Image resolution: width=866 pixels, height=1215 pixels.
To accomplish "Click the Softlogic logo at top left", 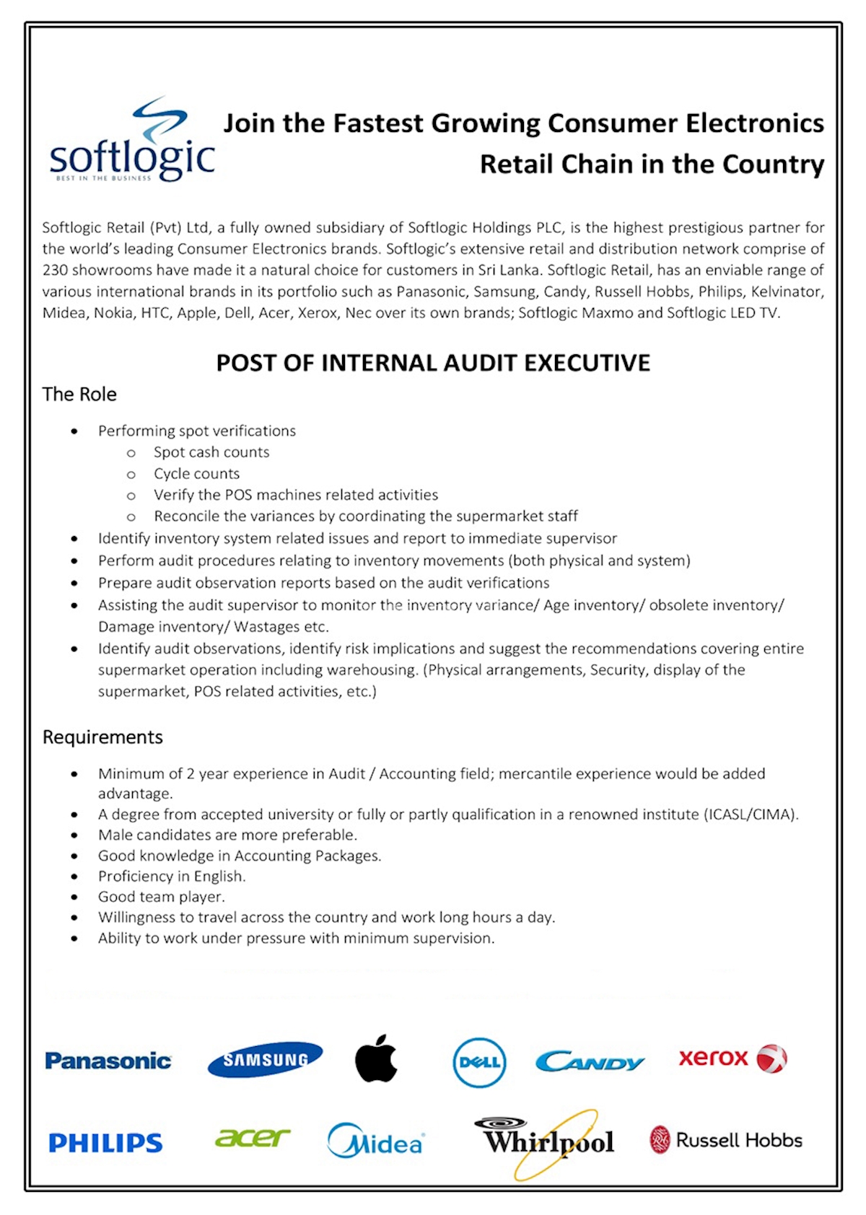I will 132,141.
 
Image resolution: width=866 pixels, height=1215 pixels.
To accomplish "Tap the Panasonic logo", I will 108,1061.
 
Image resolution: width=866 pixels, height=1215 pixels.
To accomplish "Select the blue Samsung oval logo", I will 265,1059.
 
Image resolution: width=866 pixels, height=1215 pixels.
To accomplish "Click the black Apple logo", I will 376,1058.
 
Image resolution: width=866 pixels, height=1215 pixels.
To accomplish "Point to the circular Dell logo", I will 479,1062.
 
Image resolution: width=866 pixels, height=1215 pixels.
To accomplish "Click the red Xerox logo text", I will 713,1058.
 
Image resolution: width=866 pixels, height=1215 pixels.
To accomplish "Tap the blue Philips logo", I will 105,1143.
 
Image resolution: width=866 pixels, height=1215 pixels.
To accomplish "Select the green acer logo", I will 252,1138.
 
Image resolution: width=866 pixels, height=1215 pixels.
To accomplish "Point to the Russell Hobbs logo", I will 726,1140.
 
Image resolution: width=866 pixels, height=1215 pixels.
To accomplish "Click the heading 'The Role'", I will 79,394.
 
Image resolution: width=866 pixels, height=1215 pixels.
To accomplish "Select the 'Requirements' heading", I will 102,737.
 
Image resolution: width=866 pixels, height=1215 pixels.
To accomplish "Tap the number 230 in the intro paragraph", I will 55,270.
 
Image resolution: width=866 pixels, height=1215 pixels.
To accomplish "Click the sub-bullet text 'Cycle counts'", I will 196,473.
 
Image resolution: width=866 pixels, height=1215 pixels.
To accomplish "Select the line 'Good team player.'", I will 162,896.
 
